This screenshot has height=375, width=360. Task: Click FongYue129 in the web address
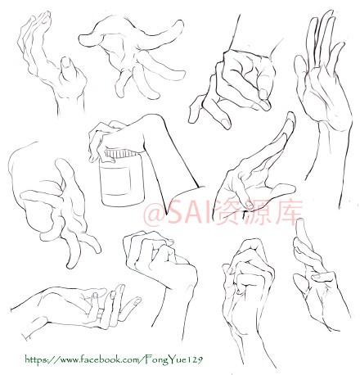click(x=174, y=359)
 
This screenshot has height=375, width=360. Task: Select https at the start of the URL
click(x=36, y=359)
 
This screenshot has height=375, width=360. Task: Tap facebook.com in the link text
click(x=110, y=359)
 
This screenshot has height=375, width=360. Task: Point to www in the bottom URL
click(x=68, y=360)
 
